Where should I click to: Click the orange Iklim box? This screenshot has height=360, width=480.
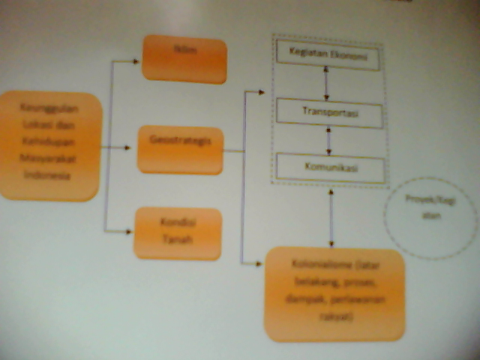184,59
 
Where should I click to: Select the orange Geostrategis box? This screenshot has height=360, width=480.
180,150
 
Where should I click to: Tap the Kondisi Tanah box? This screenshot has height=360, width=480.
178,233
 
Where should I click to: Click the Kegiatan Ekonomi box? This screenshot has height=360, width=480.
327,55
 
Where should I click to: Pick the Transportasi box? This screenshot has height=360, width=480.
329,114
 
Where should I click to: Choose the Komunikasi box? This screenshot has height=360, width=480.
330,167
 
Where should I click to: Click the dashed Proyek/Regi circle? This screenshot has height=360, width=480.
430,218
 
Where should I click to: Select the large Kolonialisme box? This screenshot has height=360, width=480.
334,293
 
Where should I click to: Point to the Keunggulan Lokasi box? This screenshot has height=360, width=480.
50,145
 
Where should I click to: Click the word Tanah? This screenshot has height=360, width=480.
178,241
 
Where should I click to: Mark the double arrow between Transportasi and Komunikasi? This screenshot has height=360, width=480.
328,140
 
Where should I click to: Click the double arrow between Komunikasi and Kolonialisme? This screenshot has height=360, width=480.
331,218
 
